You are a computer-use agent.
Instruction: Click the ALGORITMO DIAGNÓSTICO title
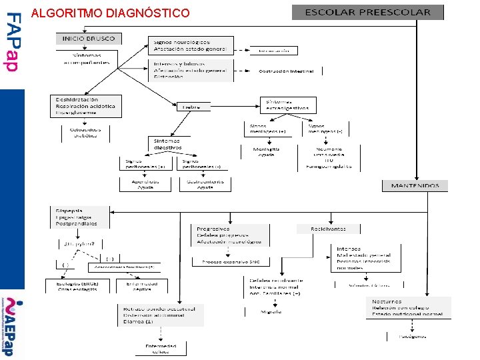pyautogui.click(x=110, y=13)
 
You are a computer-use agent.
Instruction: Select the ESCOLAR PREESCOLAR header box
pyautogui.click(x=367, y=12)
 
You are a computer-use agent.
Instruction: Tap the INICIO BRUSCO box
pyautogui.click(x=89, y=39)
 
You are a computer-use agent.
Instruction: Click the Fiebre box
pyautogui.click(x=191, y=107)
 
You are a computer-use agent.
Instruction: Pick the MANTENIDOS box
pyautogui.click(x=415, y=185)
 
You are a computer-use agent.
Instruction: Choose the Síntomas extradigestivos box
pyautogui.click(x=288, y=105)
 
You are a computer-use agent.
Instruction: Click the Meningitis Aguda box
pyautogui.click(x=267, y=152)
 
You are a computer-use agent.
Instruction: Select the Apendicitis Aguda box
pyautogui.click(x=144, y=183)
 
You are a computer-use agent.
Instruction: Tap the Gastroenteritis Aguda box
pyautogui.click(x=205, y=183)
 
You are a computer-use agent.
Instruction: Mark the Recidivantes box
pyautogui.click(x=328, y=229)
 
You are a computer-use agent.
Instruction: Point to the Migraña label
pyautogui.click(x=271, y=311)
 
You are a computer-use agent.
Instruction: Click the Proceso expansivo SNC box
pyautogui.click(x=231, y=261)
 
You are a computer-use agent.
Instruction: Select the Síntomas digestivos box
pyautogui.click(x=167, y=144)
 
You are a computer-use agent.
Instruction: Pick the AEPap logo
pyautogui.click(x=12, y=327)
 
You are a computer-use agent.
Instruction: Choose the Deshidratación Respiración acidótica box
pyautogui.click(x=85, y=106)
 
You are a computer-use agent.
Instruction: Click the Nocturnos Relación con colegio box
pyautogui.click(x=408, y=307)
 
